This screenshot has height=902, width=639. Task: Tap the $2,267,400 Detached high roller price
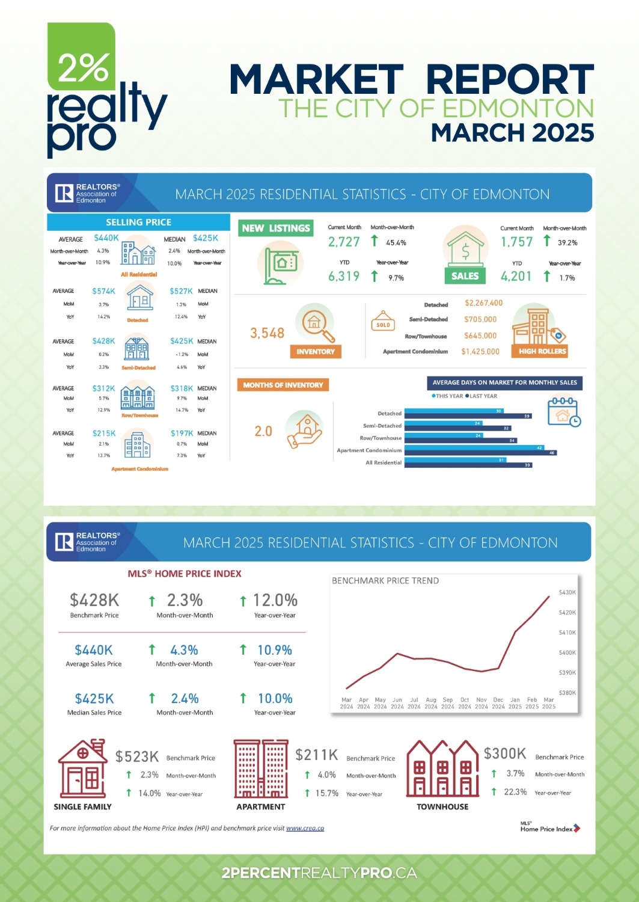click(x=483, y=303)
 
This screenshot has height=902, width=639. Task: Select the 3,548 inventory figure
click(x=267, y=333)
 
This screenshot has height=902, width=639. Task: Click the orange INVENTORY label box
click(x=316, y=352)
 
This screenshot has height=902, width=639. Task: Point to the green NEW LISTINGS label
click(x=276, y=229)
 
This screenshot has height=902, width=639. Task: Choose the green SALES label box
click(x=465, y=276)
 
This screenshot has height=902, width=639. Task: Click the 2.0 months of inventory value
click(x=263, y=431)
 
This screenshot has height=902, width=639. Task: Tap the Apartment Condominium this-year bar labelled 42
click(x=474, y=448)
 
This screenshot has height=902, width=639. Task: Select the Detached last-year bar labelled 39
click(x=468, y=416)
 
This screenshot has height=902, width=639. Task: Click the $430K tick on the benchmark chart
click(x=567, y=592)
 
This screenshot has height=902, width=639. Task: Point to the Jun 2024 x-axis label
click(x=397, y=703)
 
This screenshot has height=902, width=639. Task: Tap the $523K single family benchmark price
click(x=137, y=756)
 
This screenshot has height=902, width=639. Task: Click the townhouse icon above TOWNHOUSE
click(x=442, y=769)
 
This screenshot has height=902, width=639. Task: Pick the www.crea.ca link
click(x=305, y=828)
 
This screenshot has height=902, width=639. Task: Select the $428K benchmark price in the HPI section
click(x=94, y=600)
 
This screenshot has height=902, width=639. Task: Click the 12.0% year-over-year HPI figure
click(x=275, y=600)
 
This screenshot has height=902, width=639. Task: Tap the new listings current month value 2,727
click(x=344, y=242)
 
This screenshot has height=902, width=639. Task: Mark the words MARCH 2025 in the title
click(x=512, y=133)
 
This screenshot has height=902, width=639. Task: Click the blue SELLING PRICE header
click(x=138, y=222)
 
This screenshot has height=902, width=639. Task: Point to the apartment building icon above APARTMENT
click(x=260, y=769)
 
